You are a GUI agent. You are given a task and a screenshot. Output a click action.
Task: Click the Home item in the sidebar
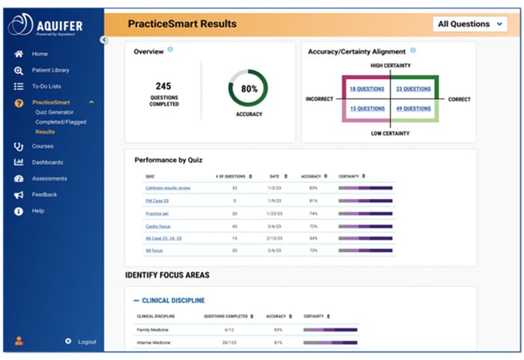pos(39,54)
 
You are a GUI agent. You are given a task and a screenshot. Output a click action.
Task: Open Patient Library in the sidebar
pos(50,70)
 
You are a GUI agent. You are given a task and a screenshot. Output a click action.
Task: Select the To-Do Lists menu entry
pos(46,87)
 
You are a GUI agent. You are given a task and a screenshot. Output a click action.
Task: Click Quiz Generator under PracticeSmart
pos(54,112)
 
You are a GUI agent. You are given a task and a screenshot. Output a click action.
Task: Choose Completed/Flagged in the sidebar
pos(59,122)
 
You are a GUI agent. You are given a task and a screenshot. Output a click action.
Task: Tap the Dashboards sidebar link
pos(47,162)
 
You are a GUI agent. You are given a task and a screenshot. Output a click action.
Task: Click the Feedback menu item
pos(44,195)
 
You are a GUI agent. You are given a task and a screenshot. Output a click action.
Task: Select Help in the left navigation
pos(37,211)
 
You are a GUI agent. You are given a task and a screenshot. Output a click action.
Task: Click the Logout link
pos(87,342)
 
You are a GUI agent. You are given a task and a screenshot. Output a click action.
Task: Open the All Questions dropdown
pos(471,24)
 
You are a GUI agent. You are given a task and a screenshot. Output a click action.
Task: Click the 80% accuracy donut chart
pos(248,88)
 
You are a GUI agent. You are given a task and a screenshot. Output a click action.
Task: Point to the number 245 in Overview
pos(163,87)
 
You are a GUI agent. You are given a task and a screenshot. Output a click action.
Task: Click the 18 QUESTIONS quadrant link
pos(367,89)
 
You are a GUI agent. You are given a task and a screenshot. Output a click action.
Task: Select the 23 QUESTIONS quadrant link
pos(413,89)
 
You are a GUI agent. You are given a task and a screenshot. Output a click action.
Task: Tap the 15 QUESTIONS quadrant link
pos(367,109)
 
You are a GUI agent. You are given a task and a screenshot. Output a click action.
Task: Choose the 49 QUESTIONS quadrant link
pos(413,109)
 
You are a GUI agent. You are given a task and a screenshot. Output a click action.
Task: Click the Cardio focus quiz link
pos(157,226)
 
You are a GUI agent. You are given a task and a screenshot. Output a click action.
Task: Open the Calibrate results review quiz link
pos(168,188)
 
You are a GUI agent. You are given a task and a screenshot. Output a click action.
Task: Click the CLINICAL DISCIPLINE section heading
pos(173,300)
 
